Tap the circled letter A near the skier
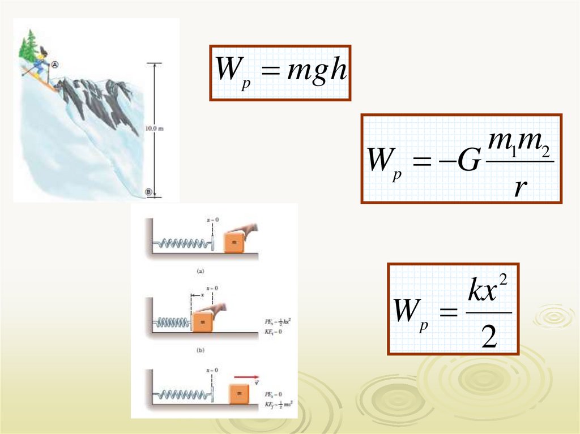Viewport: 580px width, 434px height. (55, 65)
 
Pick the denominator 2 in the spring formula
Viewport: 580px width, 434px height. (489, 339)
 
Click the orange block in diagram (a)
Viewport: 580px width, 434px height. (233, 242)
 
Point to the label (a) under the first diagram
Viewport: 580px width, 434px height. (200, 271)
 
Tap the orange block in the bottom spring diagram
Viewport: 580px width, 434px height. (240, 393)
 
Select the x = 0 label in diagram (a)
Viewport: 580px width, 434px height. (213, 218)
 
